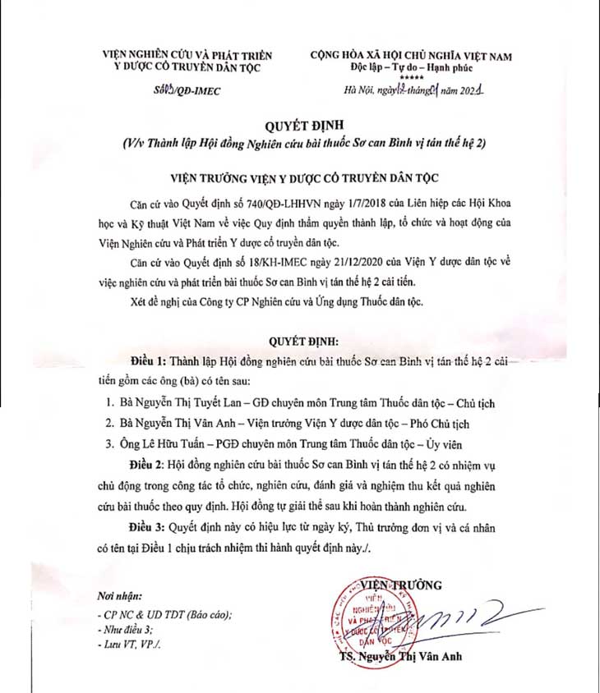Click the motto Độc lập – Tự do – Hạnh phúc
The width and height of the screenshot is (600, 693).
pos(411,67)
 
